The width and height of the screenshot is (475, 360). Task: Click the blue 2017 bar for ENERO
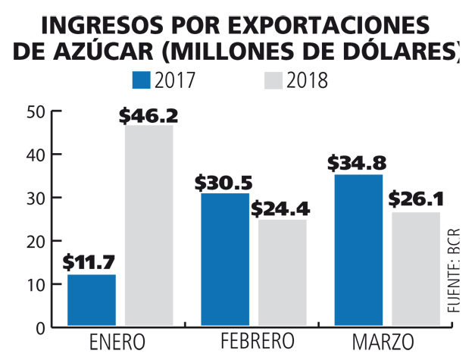pyautogui.click(x=92, y=299)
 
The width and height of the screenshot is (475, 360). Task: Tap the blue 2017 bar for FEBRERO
pyautogui.click(x=225, y=259)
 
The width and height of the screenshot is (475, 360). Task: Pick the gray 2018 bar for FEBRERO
pyautogui.click(x=282, y=273)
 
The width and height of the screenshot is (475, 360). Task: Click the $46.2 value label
pyautogui.click(x=148, y=116)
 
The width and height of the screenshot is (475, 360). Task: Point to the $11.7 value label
pyautogui.click(x=89, y=263)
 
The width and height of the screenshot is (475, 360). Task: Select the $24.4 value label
pyautogui.click(x=280, y=208)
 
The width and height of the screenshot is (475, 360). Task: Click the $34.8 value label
pyautogui.click(x=355, y=163)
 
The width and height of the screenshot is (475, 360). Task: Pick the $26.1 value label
pyautogui.click(x=416, y=200)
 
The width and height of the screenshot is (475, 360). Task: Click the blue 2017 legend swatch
pyautogui.click(x=142, y=80)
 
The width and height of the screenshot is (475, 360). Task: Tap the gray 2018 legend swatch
pyautogui.click(x=274, y=80)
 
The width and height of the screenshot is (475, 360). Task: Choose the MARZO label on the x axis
pyautogui.click(x=383, y=340)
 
